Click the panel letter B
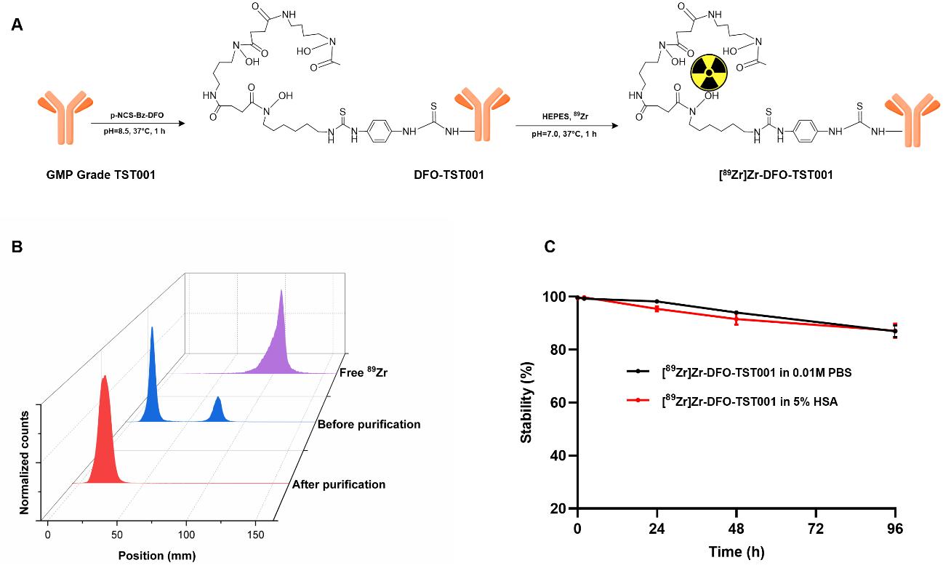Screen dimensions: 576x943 (x=17, y=246)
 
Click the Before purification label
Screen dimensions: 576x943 (x=369, y=424)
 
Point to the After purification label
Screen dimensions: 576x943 (x=338, y=484)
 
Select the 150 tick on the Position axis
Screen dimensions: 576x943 (x=256, y=535)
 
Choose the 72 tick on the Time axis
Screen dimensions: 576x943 (x=816, y=529)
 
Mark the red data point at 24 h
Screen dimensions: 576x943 (x=657, y=309)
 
